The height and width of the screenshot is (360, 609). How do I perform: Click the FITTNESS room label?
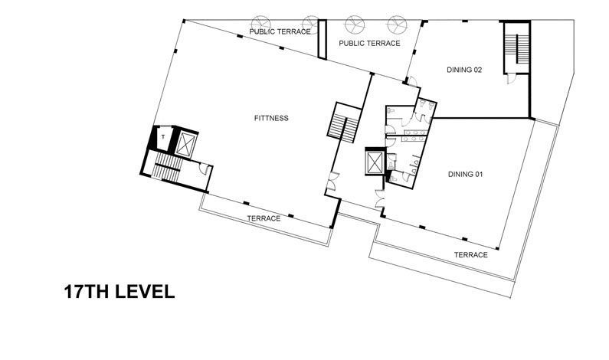pyautogui.click(x=271, y=118)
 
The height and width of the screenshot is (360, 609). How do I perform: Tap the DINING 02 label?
pyautogui.click(x=464, y=70)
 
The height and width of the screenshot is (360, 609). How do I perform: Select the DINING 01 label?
pyautogui.click(x=465, y=175)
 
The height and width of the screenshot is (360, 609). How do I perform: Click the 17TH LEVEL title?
pyautogui.click(x=120, y=292)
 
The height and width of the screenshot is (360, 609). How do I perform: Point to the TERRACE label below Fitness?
pyautogui.click(x=264, y=218)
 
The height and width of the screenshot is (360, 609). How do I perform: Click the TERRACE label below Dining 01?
pyautogui.click(x=471, y=255)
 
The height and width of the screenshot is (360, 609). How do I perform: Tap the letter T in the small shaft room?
pyautogui.click(x=163, y=137)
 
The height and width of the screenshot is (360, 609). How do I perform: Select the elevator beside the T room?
pyautogui.click(x=185, y=144)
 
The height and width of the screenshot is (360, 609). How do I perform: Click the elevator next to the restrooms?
pyautogui.click(x=375, y=162)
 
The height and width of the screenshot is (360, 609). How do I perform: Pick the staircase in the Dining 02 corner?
pyautogui.click(x=517, y=47)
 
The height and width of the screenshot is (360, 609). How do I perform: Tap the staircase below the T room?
pyautogui.click(x=167, y=167)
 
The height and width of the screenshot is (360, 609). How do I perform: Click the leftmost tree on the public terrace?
pyautogui.click(x=260, y=25)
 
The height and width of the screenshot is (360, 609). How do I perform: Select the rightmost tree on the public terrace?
pyautogui.click(x=397, y=25)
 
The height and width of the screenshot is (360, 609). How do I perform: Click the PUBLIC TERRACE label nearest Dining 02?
pyautogui.click(x=369, y=44)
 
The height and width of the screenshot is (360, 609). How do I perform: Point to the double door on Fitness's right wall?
pyautogui.click(x=331, y=181)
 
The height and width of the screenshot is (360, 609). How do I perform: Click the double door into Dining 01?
pyautogui.click(x=380, y=199)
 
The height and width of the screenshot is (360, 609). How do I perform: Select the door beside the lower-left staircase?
pyautogui.click(x=205, y=169)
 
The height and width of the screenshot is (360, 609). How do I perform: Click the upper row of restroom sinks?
pyautogui.click(x=414, y=133)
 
